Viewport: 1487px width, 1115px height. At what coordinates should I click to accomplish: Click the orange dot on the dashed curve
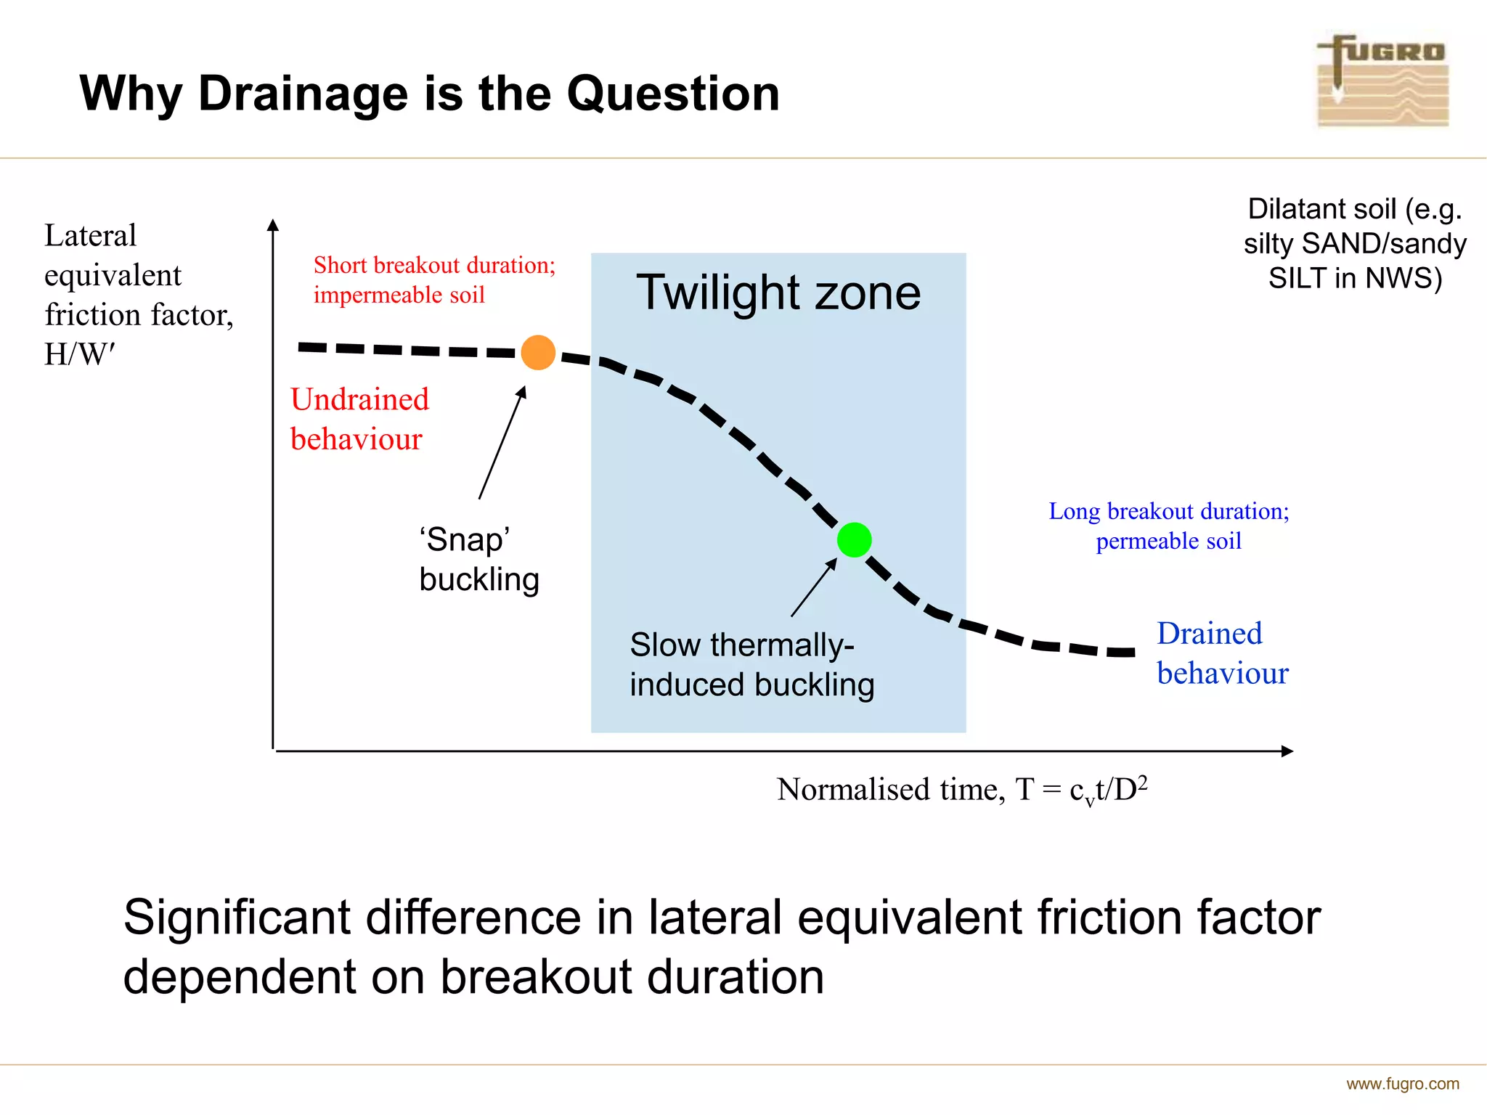[x=538, y=353]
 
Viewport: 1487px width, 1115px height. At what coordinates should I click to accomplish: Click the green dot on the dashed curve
[x=854, y=540]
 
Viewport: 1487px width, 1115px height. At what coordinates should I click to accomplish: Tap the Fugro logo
[x=1382, y=81]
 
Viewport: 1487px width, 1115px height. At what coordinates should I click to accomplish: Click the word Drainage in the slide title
[x=303, y=94]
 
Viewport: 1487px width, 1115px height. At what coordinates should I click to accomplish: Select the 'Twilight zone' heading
[x=778, y=293]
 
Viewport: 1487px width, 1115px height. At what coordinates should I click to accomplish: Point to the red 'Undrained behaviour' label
[x=359, y=419]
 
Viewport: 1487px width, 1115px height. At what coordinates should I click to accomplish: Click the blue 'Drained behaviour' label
[x=1222, y=653]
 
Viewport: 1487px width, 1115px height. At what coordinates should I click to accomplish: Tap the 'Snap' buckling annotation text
[x=478, y=559]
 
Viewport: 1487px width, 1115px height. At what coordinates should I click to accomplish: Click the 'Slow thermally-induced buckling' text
[x=751, y=664]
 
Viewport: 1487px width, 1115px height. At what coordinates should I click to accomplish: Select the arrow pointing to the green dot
[x=813, y=588]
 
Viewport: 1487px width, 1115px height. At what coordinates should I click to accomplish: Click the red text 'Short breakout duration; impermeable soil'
[x=433, y=279]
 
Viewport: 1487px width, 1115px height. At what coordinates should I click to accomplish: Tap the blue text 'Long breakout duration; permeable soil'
[x=1168, y=526]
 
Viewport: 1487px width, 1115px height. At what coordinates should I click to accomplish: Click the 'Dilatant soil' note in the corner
[x=1354, y=243]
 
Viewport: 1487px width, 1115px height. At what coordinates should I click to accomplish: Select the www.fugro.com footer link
[x=1402, y=1084]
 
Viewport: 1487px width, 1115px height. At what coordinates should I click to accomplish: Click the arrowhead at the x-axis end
[x=1287, y=751]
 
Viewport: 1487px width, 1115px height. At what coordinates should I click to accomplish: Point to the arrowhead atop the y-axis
[x=273, y=226]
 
